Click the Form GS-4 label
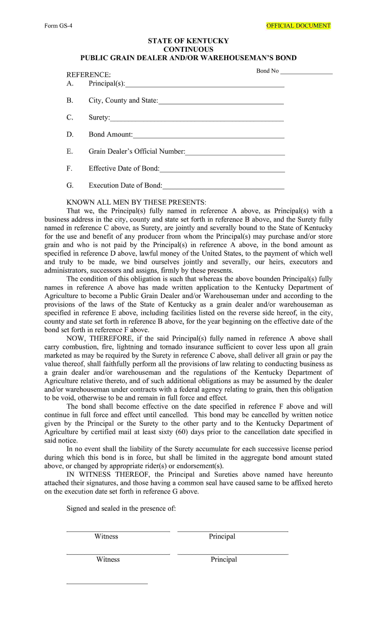(58, 26)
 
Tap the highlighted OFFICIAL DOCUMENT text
(298, 26)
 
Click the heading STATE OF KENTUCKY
(188, 41)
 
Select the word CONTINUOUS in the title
(188, 49)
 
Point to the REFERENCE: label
(88, 75)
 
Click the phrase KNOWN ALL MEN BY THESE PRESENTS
(136, 202)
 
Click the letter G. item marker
(70, 186)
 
